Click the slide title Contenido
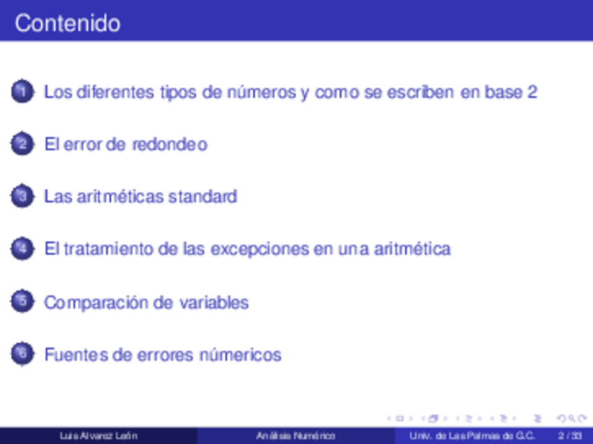point(68,23)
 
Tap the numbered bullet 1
point(22,91)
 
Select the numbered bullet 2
point(22,144)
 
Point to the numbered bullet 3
point(22,196)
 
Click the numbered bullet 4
point(22,248)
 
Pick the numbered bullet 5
point(22,301)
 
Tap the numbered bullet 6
point(22,354)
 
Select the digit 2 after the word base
point(532,92)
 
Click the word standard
point(203,196)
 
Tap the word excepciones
point(259,250)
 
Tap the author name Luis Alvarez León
point(99,436)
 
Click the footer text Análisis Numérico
point(296,436)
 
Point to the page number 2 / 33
point(570,436)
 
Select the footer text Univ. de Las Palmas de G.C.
point(471,436)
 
